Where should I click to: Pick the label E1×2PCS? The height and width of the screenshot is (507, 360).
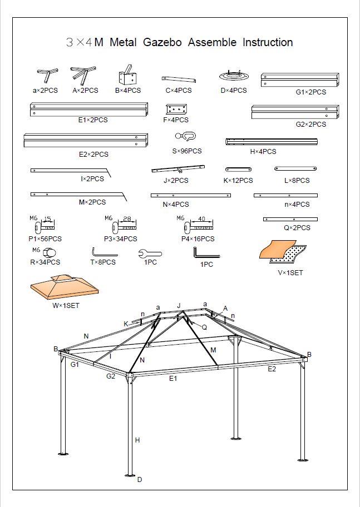pyautogui.click(x=93, y=120)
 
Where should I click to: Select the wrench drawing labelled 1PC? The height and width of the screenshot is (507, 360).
pyautogui.click(x=150, y=254)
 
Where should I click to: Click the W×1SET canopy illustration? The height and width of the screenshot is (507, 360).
pyautogui.click(x=65, y=287)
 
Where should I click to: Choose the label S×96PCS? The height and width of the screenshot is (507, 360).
pyautogui.click(x=186, y=151)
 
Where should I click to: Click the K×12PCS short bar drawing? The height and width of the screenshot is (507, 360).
pyautogui.click(x=238, y=169)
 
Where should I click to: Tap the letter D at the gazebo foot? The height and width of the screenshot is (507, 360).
pyautogui.click(x=140, y=480)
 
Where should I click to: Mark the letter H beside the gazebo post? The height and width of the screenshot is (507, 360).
pyautogui.click(x=137, y=440)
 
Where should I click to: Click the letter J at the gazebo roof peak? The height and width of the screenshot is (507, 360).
pyautogui.click(x=179, y=305)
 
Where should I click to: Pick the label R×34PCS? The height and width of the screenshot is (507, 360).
pyautogui.click(x=45, y=262)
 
